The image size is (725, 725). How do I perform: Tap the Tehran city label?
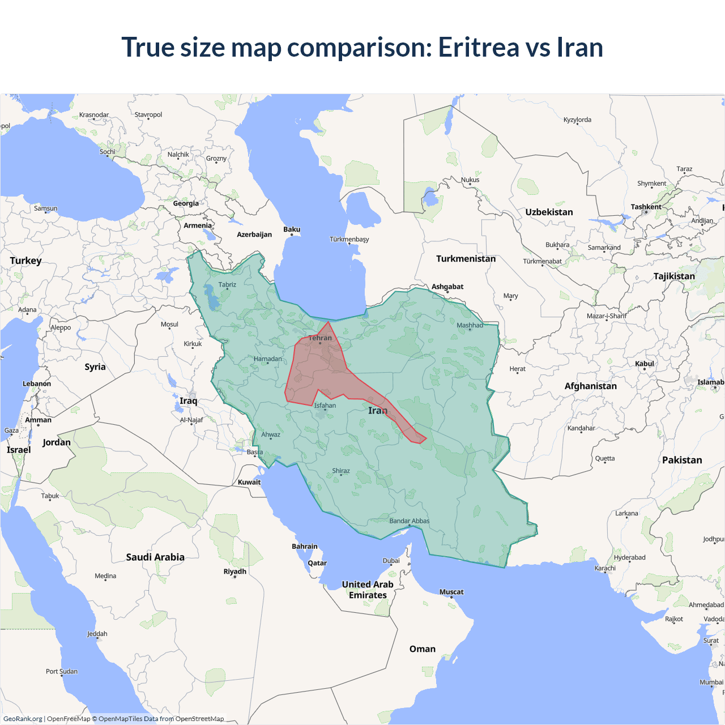point(320,338)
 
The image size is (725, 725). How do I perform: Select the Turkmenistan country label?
point(466,259)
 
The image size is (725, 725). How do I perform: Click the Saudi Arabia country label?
point(155,557)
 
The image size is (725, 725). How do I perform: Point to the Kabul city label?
point(645,364)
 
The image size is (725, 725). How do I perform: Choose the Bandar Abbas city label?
point(409,521)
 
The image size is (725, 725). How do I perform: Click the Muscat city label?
point(451,592)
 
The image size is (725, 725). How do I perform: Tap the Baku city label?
point(292,229)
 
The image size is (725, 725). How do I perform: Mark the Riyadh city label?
point(234,572)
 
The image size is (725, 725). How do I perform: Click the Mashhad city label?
point(470,325)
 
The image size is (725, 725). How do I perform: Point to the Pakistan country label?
point(682,460)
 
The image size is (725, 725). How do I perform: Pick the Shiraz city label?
point(340,471)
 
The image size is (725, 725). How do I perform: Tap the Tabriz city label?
point(227,285)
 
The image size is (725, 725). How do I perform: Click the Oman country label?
point(423,649)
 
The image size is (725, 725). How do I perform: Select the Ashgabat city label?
point(447,287)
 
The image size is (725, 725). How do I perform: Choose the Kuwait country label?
point(249,483)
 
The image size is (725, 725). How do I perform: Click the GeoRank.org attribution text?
point(23,719)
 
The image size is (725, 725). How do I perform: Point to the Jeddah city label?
point(97,634)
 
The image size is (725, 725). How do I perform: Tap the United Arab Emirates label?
point(368,590)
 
